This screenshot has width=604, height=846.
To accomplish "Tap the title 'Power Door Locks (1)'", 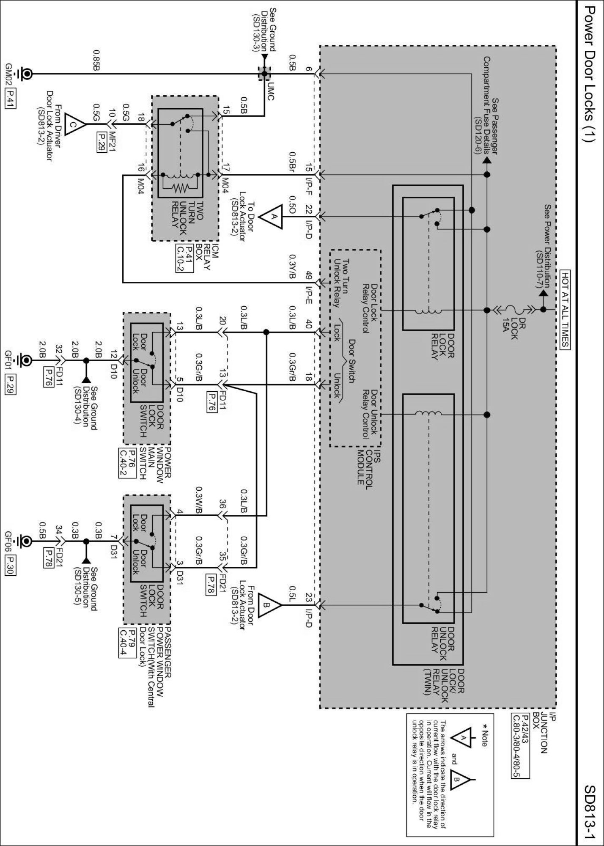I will pos(590,80).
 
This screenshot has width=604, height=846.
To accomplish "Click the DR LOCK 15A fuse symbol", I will pos(513,310).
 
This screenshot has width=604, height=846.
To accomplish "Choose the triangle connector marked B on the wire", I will pos(270,605).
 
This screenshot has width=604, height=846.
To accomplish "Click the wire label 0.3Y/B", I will pos(292,266).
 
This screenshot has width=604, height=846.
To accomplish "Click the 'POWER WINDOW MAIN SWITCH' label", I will pos(156,463).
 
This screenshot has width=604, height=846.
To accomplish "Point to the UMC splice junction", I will pos(264,74).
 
